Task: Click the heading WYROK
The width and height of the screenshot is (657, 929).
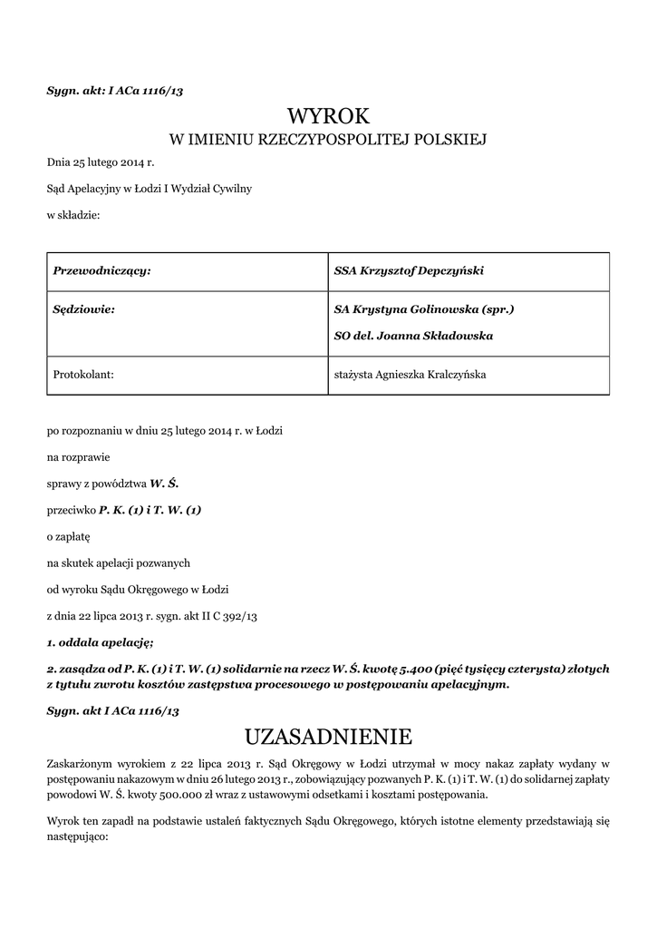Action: tap(328, 115)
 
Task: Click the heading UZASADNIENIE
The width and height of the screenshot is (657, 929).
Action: tap(328, 734)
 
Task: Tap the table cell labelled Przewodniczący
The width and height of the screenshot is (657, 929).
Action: tap(101, 270)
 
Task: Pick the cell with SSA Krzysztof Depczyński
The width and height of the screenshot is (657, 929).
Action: tap(409, 270)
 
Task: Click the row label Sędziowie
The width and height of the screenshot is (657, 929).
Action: tap(83, 309)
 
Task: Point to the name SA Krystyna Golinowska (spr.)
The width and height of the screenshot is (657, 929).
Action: tap(424, 309)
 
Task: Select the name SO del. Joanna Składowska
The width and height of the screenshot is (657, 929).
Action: tap(413, 335)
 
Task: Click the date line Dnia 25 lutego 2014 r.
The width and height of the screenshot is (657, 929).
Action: tap(101, 162)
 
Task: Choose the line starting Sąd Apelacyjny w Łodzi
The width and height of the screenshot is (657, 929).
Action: tap(150, 189)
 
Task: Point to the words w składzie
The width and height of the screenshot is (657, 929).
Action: tap(73, 215)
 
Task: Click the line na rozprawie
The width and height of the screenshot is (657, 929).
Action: tap(78, 457)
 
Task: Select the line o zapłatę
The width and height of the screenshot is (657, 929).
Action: tap(69, 536)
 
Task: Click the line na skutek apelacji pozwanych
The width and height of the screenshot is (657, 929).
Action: tap(119, 563)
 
